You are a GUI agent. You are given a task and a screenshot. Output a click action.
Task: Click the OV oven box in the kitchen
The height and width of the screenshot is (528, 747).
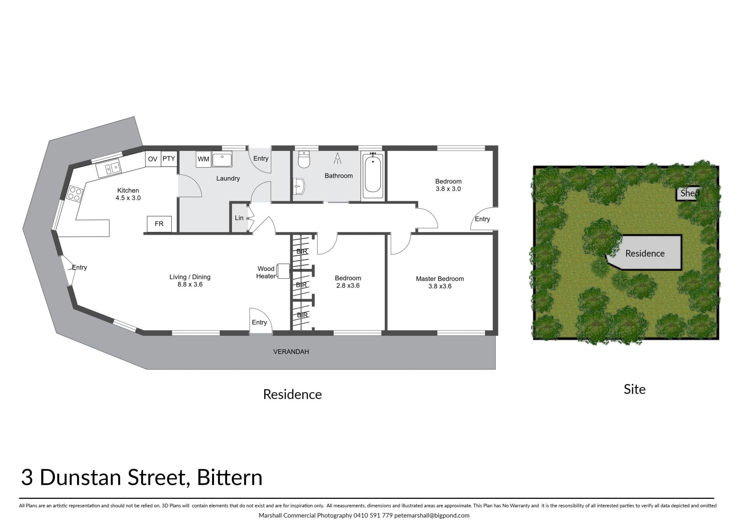(153, 159)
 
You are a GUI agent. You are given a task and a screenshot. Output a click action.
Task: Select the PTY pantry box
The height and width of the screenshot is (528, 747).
(169, 159)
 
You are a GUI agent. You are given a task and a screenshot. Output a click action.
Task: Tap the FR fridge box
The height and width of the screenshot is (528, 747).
(159, 224)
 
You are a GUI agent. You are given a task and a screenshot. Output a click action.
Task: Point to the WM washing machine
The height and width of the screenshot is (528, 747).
(203, 159)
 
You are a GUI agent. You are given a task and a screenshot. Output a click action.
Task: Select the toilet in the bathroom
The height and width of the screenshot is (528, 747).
(303, 160)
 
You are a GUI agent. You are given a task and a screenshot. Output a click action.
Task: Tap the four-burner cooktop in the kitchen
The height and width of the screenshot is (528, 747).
(75, 194)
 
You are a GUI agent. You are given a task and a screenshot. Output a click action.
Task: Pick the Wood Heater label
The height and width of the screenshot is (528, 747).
(266, 272)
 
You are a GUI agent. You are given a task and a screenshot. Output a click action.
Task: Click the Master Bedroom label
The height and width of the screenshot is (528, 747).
(440, 279)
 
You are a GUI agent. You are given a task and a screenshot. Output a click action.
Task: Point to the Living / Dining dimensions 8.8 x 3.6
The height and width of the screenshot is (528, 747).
(190, 284)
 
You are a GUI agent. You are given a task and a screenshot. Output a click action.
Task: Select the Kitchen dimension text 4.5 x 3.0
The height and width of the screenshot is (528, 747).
(128, 198)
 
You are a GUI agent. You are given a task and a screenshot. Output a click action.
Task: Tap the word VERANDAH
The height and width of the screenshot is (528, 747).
(291, 352)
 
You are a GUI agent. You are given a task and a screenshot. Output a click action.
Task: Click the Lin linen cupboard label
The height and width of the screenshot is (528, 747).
(239, 218)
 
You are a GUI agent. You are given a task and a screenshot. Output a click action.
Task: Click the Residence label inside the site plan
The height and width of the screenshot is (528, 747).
(645, 253)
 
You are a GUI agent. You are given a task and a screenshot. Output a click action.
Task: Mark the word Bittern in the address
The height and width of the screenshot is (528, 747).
(230, 477)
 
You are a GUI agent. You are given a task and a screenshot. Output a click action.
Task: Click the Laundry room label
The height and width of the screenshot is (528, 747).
(228, 179)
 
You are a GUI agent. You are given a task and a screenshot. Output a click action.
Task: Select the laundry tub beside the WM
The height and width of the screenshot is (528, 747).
(222, 159)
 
